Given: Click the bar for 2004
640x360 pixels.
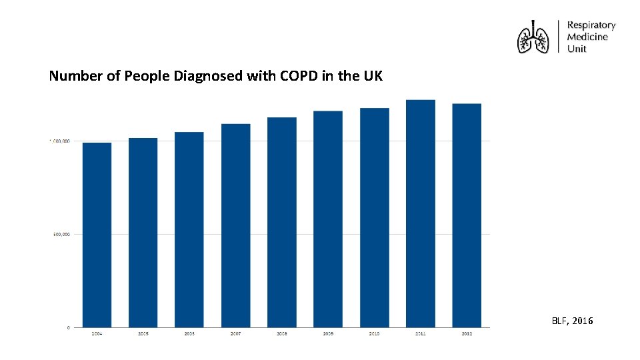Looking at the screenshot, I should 97,235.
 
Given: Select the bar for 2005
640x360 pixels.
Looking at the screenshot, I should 143,232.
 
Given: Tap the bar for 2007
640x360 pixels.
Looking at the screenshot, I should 235,225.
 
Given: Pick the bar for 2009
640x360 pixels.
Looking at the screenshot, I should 328,219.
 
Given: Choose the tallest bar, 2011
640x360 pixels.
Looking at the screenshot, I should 420,213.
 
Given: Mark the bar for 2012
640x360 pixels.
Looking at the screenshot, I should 467,215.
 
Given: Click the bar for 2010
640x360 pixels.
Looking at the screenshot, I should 374,217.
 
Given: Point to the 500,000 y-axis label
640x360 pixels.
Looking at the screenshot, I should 61,234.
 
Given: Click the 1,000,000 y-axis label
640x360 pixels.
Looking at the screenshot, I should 60,141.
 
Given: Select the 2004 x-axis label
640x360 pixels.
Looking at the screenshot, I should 97,333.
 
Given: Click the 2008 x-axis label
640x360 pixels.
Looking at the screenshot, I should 282,333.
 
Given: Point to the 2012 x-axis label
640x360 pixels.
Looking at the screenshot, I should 467,333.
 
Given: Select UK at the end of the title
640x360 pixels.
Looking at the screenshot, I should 373,76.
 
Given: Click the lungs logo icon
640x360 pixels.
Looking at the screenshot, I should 533,37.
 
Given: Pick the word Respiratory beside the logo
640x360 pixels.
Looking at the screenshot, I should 591,25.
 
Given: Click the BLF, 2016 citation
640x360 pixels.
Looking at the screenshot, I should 572,321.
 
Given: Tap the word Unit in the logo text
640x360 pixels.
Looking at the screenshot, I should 576,49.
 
